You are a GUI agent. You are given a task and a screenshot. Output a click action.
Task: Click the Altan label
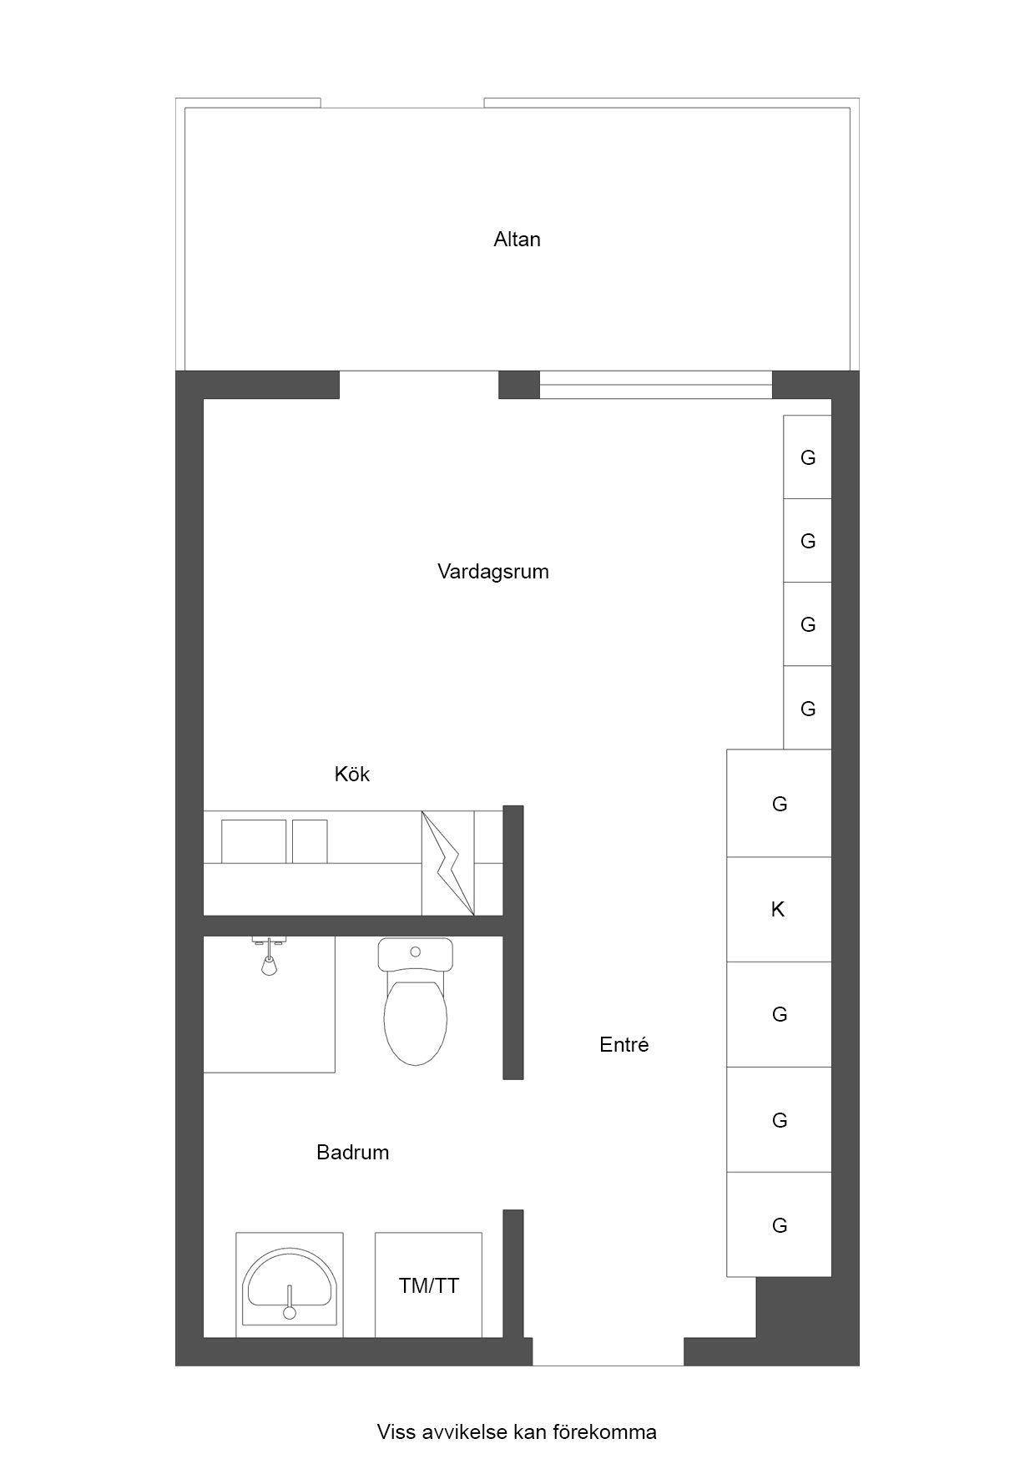(517, 240)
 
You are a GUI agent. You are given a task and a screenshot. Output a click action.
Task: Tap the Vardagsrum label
(493, 572)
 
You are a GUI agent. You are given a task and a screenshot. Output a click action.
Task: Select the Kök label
(352, 774)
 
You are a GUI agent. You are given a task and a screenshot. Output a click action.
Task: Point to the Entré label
(624, 1044)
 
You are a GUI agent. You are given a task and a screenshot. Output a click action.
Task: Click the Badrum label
(352, 1153)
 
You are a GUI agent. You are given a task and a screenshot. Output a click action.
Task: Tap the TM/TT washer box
(428, 1285)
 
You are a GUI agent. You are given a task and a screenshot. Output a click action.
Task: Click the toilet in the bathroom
(415, 1002)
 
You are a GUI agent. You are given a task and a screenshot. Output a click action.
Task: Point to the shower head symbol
(269, 957)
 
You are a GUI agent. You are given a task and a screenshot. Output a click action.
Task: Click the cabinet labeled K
(779, 909)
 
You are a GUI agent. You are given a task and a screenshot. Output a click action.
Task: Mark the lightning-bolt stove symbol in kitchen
(448, 863)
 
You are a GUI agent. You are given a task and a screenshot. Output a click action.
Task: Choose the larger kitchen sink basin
(254, 841)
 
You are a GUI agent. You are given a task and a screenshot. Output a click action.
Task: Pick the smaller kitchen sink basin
(310, 841)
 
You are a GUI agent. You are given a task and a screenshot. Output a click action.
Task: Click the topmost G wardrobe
(807, 457)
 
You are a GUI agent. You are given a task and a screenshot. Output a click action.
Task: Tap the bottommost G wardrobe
(779, 1224)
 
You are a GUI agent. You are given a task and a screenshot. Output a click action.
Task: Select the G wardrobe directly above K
(779, 804)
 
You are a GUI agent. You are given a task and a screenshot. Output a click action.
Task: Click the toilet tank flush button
(415, 952)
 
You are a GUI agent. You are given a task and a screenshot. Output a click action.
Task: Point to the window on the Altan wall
(655, 385)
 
